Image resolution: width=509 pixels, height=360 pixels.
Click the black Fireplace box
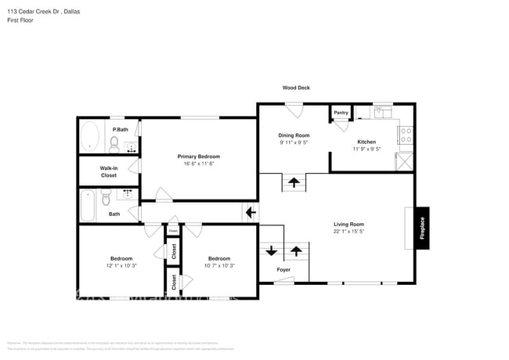[x=422, y=228]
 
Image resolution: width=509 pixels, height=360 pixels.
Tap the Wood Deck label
[x=296, y=88]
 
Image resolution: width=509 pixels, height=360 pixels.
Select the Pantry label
[x=341, y=113]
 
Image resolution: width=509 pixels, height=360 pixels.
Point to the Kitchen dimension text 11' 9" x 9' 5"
[x=366, y=149]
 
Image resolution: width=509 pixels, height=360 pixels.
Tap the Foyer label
[x=283, y=270]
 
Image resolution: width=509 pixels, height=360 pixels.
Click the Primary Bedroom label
[x=199, y=156]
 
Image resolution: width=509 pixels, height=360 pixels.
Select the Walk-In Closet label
[x=108, y=171]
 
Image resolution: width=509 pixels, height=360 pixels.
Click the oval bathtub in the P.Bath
[x=89, y=136]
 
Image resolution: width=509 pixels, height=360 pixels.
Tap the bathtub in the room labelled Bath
[x=88, y=207]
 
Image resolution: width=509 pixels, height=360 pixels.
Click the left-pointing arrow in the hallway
[x=251, y=212]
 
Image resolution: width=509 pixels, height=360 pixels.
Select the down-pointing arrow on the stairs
[x=271, y=251]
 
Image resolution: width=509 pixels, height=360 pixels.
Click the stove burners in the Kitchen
[x=406, y=138]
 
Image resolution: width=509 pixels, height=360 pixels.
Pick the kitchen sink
[x=381, y=113]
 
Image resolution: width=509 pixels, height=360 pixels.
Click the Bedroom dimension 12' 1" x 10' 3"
[x=121, y=265]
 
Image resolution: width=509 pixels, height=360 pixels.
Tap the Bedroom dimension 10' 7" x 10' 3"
[x=219, y=265]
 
